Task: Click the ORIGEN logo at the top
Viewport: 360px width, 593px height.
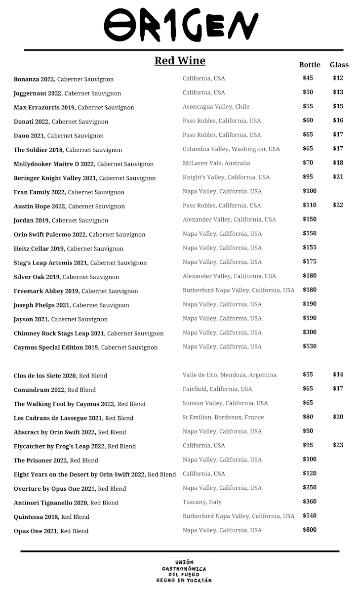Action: click(x=181, y=25)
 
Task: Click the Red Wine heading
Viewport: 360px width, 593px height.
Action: click(x=180, y=61)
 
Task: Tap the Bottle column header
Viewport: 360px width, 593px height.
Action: click(x=310, y=65)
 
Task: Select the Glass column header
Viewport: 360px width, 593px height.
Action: click(x=339, y=65)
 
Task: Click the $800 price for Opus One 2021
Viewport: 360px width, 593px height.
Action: click(x=310, y=530)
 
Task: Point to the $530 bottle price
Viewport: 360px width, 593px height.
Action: click(x=310, y=346)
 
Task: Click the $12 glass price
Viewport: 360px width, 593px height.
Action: click(x=338, y=78)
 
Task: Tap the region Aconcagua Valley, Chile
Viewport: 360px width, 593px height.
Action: click(x=216, y=106)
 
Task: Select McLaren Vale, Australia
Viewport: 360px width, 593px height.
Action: click(x=216, y=163)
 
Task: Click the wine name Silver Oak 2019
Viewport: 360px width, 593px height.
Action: click(x=37, y=277)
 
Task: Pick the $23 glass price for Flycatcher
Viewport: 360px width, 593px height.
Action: click(x=338, y=445)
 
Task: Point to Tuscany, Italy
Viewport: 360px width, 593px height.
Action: click(x=202, y=502)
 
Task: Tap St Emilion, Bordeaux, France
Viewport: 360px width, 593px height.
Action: click(x=223, y=417)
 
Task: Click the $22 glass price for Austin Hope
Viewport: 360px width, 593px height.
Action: click(x=338, y=205)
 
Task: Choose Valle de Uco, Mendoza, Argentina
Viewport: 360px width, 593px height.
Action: click(x=230, y=375)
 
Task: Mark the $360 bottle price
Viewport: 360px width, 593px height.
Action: click(x=310, y=502)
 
